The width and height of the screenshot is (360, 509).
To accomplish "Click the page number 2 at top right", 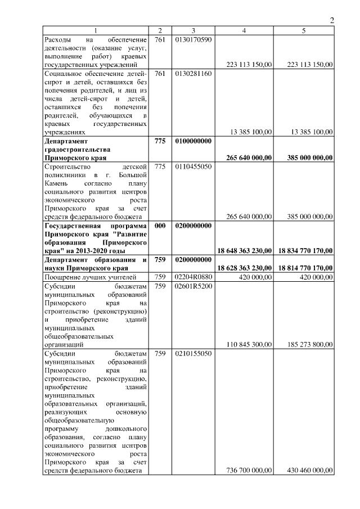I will (332, 20).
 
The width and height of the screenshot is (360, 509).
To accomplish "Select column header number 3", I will (193, 30).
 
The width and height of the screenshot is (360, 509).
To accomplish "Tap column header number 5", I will (303, 30).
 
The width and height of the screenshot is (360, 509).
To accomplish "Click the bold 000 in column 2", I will (160, 226).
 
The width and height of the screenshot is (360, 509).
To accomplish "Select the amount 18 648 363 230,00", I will (244, 251).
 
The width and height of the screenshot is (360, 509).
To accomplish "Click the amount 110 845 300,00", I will (249, 344).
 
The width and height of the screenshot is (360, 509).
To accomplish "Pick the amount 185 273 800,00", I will (309, 344).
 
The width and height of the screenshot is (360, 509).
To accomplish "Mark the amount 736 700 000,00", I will (249, 470).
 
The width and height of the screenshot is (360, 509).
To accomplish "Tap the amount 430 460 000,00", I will (309, 470).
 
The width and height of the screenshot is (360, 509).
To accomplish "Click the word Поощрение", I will (61, 277).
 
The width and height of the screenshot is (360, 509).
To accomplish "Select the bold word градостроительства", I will (75, 150).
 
